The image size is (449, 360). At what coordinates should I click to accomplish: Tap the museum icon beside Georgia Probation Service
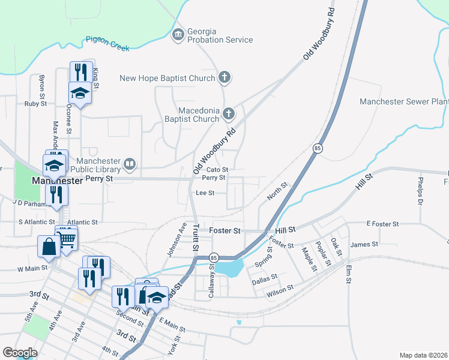(178, 35)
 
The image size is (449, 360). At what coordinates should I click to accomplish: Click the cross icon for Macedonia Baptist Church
(228, 113)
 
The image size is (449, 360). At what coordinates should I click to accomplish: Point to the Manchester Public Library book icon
(130, 164)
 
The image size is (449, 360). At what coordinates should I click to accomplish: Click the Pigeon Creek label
(107, 44)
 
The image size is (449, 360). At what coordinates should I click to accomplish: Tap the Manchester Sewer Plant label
(403, 101)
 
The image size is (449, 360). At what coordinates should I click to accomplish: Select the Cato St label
(217, 170)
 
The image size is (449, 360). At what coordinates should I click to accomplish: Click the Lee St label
(205, 193)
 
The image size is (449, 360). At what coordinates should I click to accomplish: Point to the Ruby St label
(35, 104)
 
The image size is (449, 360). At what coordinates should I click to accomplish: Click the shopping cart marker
(67, 239)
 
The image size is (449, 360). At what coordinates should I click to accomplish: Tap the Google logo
(20, 353)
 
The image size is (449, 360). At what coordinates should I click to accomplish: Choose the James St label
(364, 244)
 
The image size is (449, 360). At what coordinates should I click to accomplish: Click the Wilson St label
(280, 289)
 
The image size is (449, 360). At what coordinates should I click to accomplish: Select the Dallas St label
(264, 278)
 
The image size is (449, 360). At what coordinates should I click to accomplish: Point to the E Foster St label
(382, 224)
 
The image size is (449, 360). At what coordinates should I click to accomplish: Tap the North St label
(277, 193)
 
